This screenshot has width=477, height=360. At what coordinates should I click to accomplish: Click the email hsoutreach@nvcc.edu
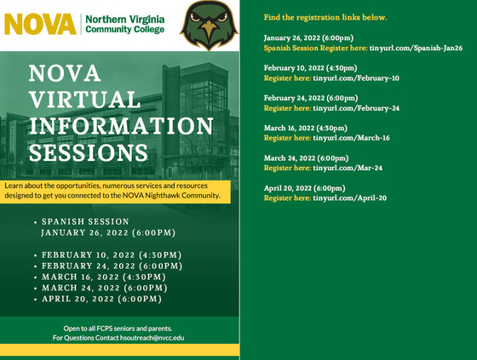click(x=149, y=338)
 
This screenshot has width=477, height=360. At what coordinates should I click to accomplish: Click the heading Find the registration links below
click(x=325, y=17)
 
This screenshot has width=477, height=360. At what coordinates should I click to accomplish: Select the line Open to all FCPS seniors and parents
click(x=118, y=328)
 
